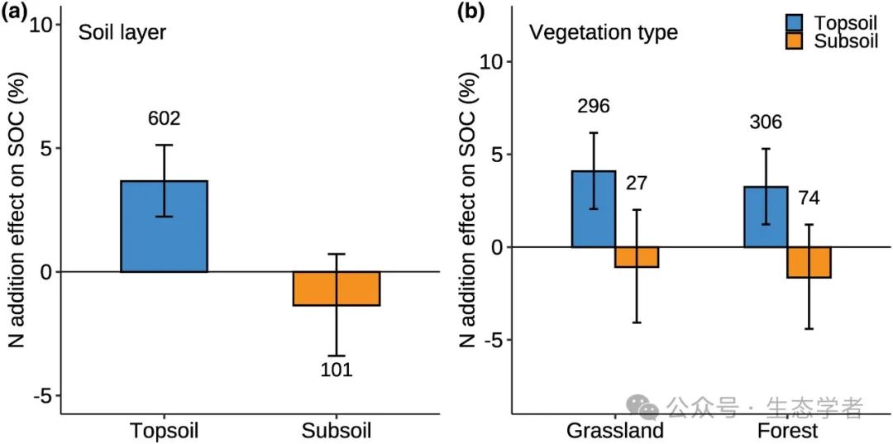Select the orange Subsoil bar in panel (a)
pyautogui.click(x=336, y=289)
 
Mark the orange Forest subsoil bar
pyautogui.click(x=809, y=262)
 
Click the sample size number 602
pyautogui.click(x=164, y=118)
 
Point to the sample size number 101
pyautogui.click(x=337, y=370)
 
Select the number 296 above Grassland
pyautogui.click(x=593, y=106)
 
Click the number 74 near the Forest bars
pyautogui.click(x=810, y=198)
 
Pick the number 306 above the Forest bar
pyautogui.click(x=765, y=122)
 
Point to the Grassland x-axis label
pyautogui.click(x=614, y=431)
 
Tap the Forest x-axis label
pyautogui.click(x=787, y=431)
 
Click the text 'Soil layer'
pyautogui.click(x=122, y=33)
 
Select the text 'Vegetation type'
pyautogui.click(x=603, y=33)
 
